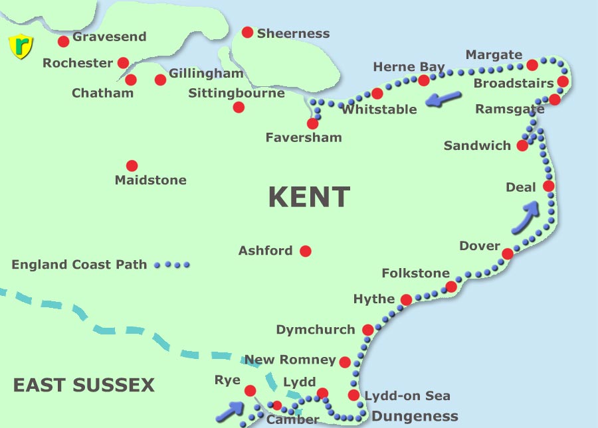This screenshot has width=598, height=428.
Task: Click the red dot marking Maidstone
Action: click(132, 166)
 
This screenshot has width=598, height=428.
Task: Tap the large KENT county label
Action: click(309, 197)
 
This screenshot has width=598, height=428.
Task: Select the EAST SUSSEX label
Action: click(84, 385)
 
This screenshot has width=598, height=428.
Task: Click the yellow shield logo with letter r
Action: click(20, 46)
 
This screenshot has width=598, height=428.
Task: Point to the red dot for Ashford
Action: click(306, 251)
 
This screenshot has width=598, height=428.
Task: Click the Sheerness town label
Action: click(293, 33)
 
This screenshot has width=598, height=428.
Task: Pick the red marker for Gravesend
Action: click(64, 42)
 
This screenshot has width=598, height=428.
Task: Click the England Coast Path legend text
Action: click(79, 265)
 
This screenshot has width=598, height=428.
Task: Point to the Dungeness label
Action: click(415, 417)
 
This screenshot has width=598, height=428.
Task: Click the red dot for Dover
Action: click(508, 253)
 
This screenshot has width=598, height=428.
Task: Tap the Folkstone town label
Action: click(415, 273)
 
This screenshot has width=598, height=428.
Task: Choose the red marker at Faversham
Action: click(312, 123)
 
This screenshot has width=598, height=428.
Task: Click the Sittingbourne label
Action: click(237, 93)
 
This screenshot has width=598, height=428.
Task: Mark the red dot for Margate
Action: click(532, 65)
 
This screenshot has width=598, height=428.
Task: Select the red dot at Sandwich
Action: click(522, 145)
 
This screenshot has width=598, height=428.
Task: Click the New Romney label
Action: click(290, 360)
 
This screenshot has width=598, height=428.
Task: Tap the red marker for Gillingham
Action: click(160, 80)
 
